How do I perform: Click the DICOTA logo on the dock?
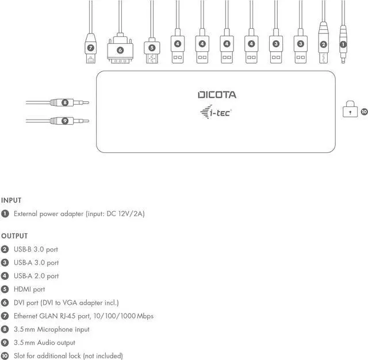pyautogui.click(x=217, y=95)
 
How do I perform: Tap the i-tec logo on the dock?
pyautogui.click(x=216, y=112)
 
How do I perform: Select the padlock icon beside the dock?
pyautogui.click(x=349, y=109)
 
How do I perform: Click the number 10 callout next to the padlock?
pyautogui.click(x=363, y=112)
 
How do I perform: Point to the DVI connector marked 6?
pyautogui.click(x=120, y=50)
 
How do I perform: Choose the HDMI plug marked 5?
pyautogui.click(x=152, y=50)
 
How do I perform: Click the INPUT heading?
pyautogui.click(x=11, y=201)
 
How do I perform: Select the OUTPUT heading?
pyautogui.click(x=14, y=236)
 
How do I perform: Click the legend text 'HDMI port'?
pyautogui.click(x=29, y=289)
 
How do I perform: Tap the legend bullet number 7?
pyautogui.click(x=5, y=316)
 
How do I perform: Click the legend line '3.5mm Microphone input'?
pyautogui.click(x=52, y=330)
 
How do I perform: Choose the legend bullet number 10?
pyautogui.click(x=5, y=356)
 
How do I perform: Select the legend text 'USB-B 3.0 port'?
pyautogui.click(x=36, y=249)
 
